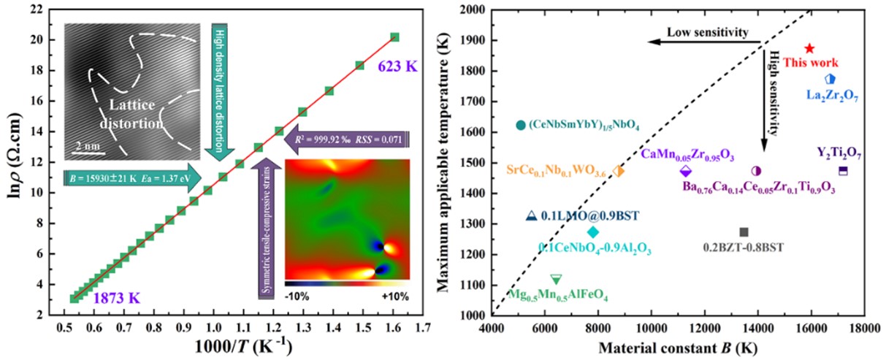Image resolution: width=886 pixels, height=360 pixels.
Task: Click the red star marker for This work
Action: coord(809,48)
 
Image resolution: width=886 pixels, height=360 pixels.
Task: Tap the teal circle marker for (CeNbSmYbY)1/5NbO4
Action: coord(520,126)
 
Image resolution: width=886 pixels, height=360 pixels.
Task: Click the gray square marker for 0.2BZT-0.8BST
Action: coord(744,232)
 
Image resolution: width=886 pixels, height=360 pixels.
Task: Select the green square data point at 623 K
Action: coord(394,37)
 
